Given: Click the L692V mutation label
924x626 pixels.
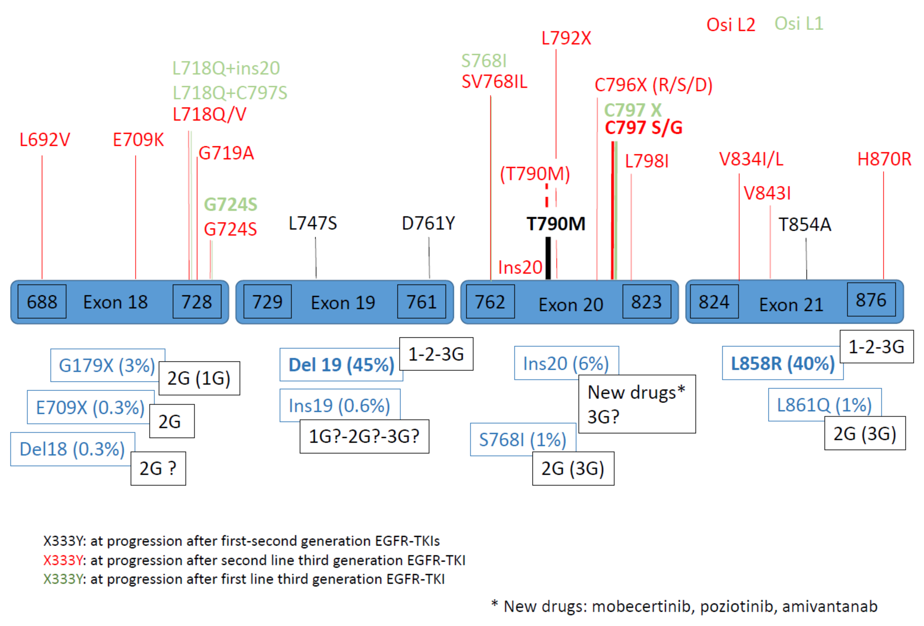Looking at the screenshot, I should (x=45, y=140).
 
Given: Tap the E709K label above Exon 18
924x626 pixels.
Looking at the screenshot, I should (x=138, y=140).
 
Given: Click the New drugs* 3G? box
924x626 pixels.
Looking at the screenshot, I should (x=637, y=404).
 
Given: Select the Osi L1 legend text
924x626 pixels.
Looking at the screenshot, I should (x=798, y=24).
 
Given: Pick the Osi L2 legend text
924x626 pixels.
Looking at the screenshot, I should (x=730, y=25).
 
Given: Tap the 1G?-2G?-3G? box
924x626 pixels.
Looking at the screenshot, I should (x=364, y=436).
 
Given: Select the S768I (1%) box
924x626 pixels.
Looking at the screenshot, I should (x=522, y=439).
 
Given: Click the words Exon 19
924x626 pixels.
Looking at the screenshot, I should (x=343, y=303).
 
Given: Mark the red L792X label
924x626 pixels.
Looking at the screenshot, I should (x=566, y=38).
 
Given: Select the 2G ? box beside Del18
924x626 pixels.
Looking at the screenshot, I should (x=158, y=469).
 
